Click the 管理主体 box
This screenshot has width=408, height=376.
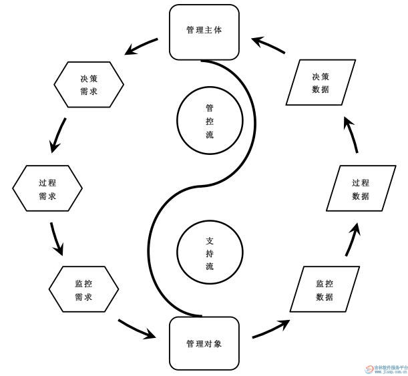pos(204,31)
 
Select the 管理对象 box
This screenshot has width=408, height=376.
pos(204,344)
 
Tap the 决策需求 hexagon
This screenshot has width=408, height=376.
pos(88,85)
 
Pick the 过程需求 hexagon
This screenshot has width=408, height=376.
pos(47,189)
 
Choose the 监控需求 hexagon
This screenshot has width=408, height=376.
pos(83,291)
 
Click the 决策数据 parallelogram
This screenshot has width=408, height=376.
pos(321,83)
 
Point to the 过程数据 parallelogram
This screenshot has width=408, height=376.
pos(361,189)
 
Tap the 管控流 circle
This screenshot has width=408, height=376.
pos(209,121)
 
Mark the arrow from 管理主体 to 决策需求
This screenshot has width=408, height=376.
pos(141,47)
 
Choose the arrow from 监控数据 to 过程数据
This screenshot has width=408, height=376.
pos(353,240)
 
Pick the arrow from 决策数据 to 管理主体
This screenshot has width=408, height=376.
pos(270,45)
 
